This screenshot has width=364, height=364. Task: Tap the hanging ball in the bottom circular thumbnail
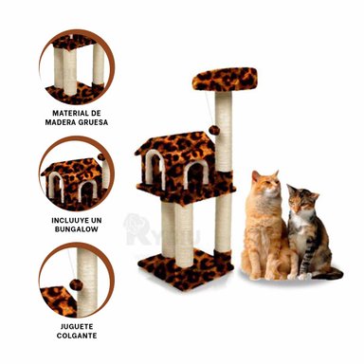(73, 283)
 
